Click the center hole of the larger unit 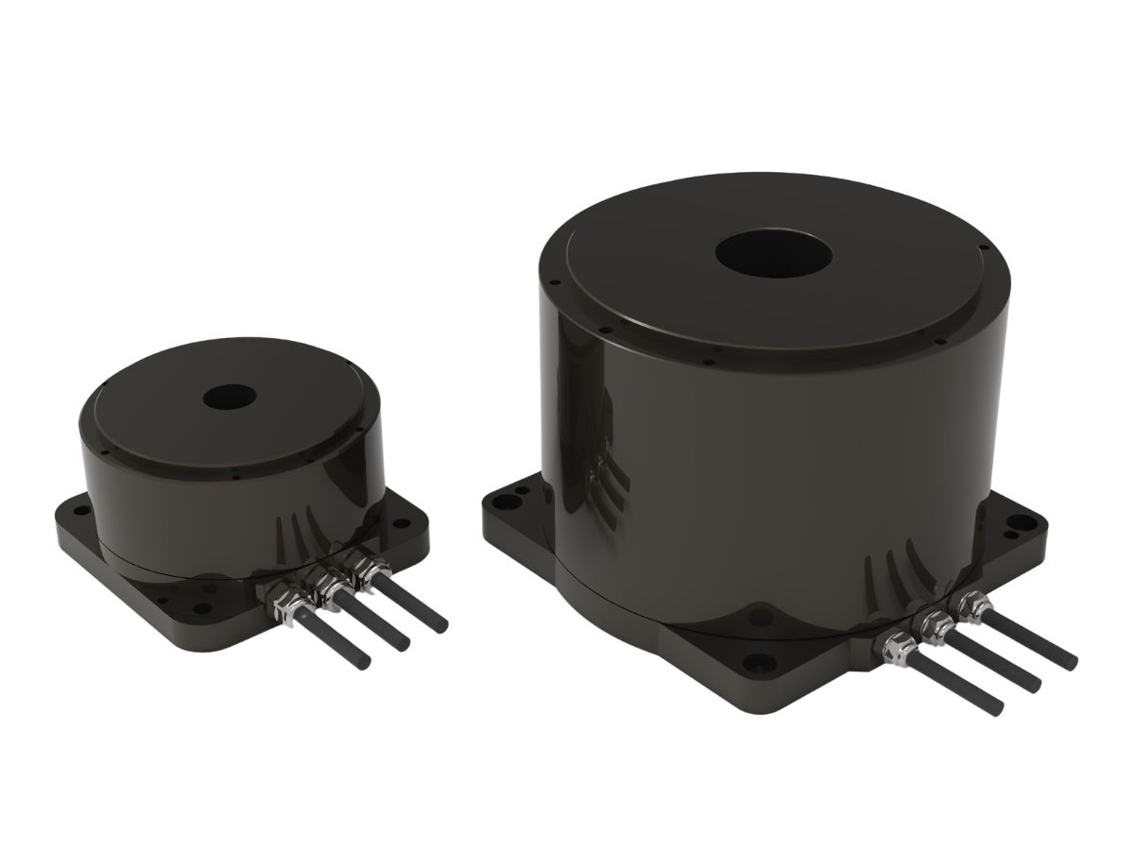(772, 254)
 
